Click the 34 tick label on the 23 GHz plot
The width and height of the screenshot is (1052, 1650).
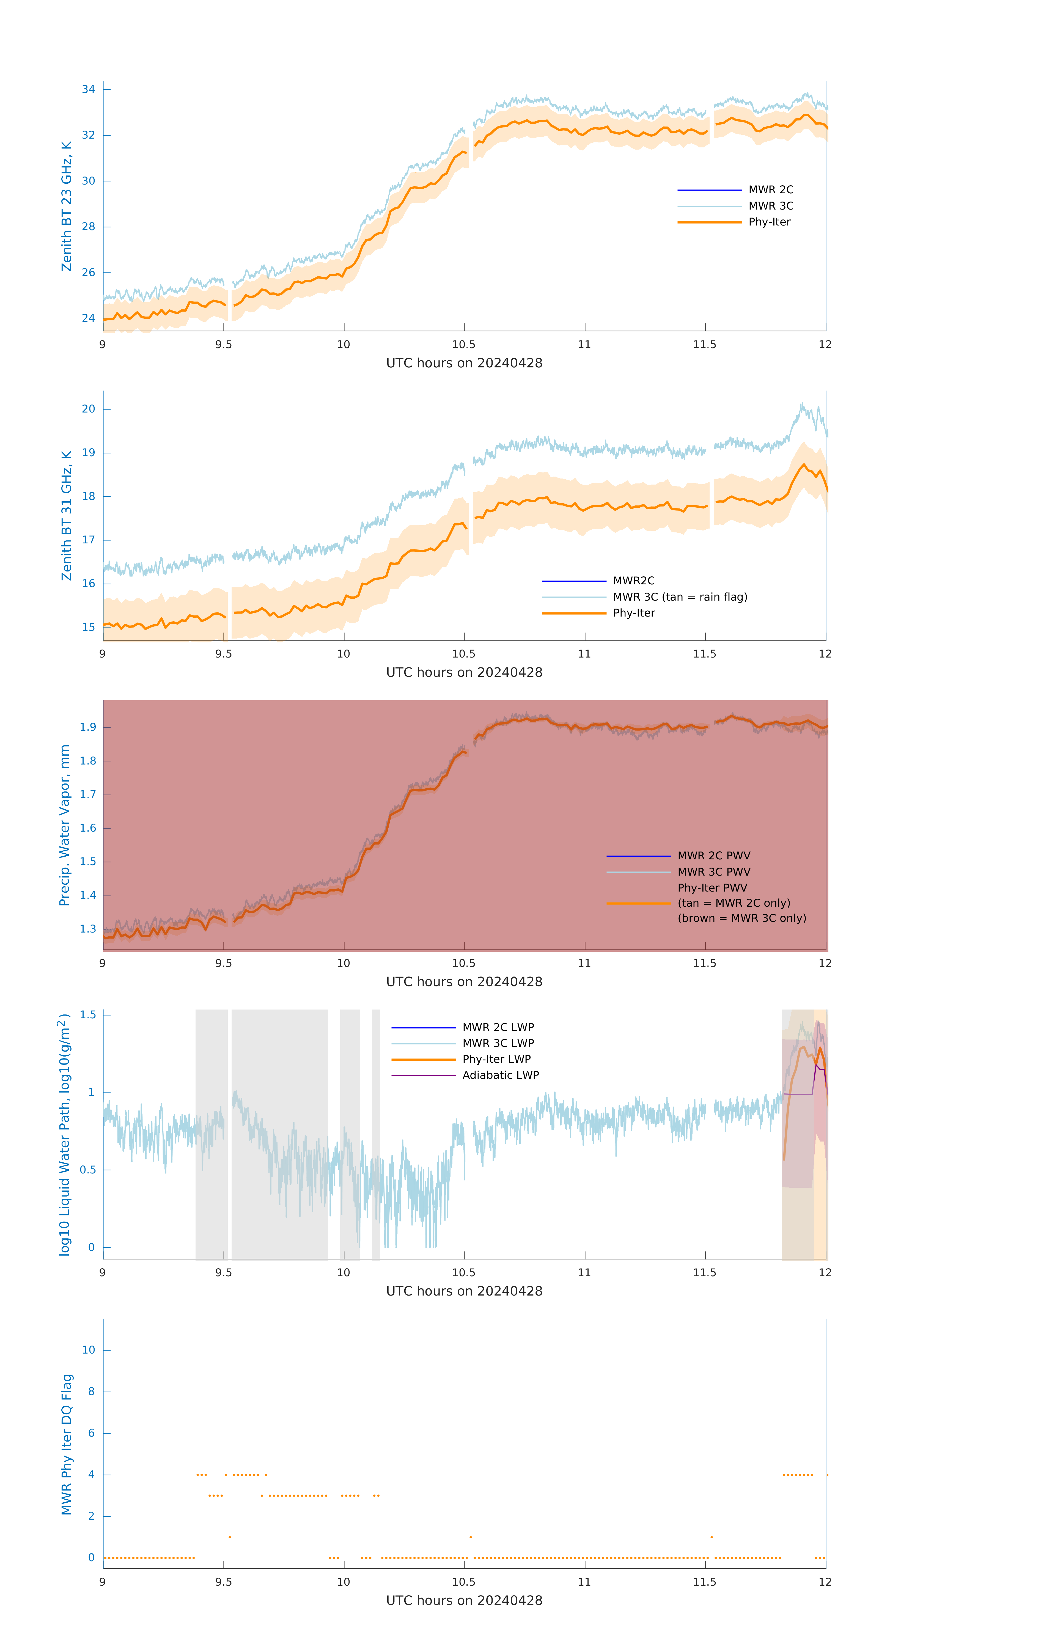click(88, 89)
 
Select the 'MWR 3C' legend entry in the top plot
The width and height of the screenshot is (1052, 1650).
click(770, 206)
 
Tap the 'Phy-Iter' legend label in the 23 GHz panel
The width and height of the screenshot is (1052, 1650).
click(769, 222)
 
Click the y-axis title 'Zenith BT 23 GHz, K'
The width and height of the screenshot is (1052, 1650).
click(67, 206)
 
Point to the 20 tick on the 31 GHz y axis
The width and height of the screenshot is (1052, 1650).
click(88, 409)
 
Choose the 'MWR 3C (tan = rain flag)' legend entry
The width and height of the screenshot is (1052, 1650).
click(679, 597)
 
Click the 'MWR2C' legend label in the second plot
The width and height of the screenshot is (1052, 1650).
click(633, 580)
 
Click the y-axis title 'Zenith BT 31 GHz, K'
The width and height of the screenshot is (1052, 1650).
click(67, 515)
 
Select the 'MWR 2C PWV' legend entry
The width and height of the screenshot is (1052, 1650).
click(713, 856)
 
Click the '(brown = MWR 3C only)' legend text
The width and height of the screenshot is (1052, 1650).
click(741, 918)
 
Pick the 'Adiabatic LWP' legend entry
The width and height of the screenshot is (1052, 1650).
click(500, 1075)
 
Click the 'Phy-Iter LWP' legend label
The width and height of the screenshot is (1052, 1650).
click(496, 1059)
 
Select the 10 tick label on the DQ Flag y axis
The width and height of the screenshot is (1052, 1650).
click(88, 1350)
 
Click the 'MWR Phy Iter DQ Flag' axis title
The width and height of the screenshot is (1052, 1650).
click(67, 1444)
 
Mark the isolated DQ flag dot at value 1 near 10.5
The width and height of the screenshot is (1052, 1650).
click(470, 1537)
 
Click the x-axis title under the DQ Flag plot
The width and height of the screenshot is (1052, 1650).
click(464, 1601)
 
